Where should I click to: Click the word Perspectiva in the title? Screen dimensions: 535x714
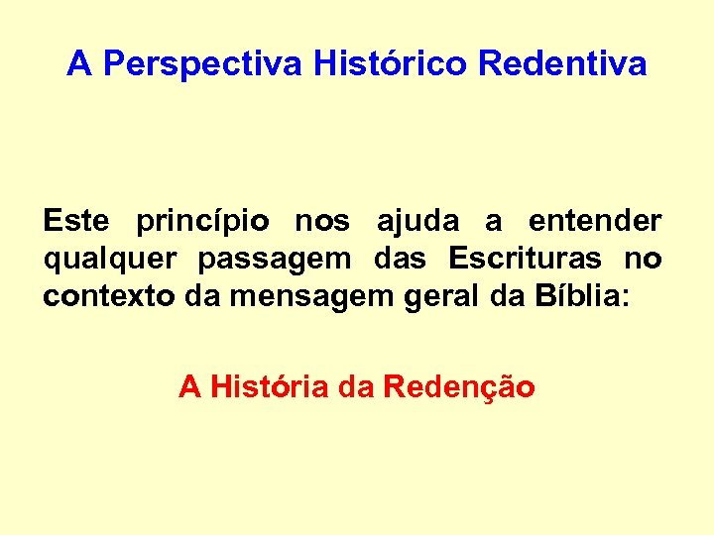tap(203, 65)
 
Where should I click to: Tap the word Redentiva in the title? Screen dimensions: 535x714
tap(562, 65)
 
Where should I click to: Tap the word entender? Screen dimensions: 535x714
tap(595, 220)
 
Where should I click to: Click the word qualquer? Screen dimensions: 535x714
tap(110, 260)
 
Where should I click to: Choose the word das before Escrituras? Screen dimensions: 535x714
tap(400, 259)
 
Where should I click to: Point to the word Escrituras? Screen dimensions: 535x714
tap(525, 259)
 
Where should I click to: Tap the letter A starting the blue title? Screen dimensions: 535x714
tap(79, 65)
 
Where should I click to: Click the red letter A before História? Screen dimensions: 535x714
tap(188, 387)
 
